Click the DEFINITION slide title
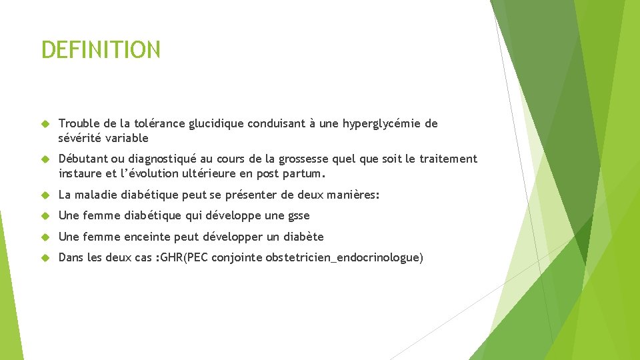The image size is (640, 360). coord(101,50)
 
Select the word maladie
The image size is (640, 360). coord(96,195)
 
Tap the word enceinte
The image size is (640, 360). coord(148,237)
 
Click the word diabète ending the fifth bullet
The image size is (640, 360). coord(303,237)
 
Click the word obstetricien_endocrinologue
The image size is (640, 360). coord(347,258)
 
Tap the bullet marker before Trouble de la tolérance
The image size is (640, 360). coord(45,123)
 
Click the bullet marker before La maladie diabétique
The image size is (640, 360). coord(45,195)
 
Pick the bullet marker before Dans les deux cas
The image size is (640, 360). coord(45,258)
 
